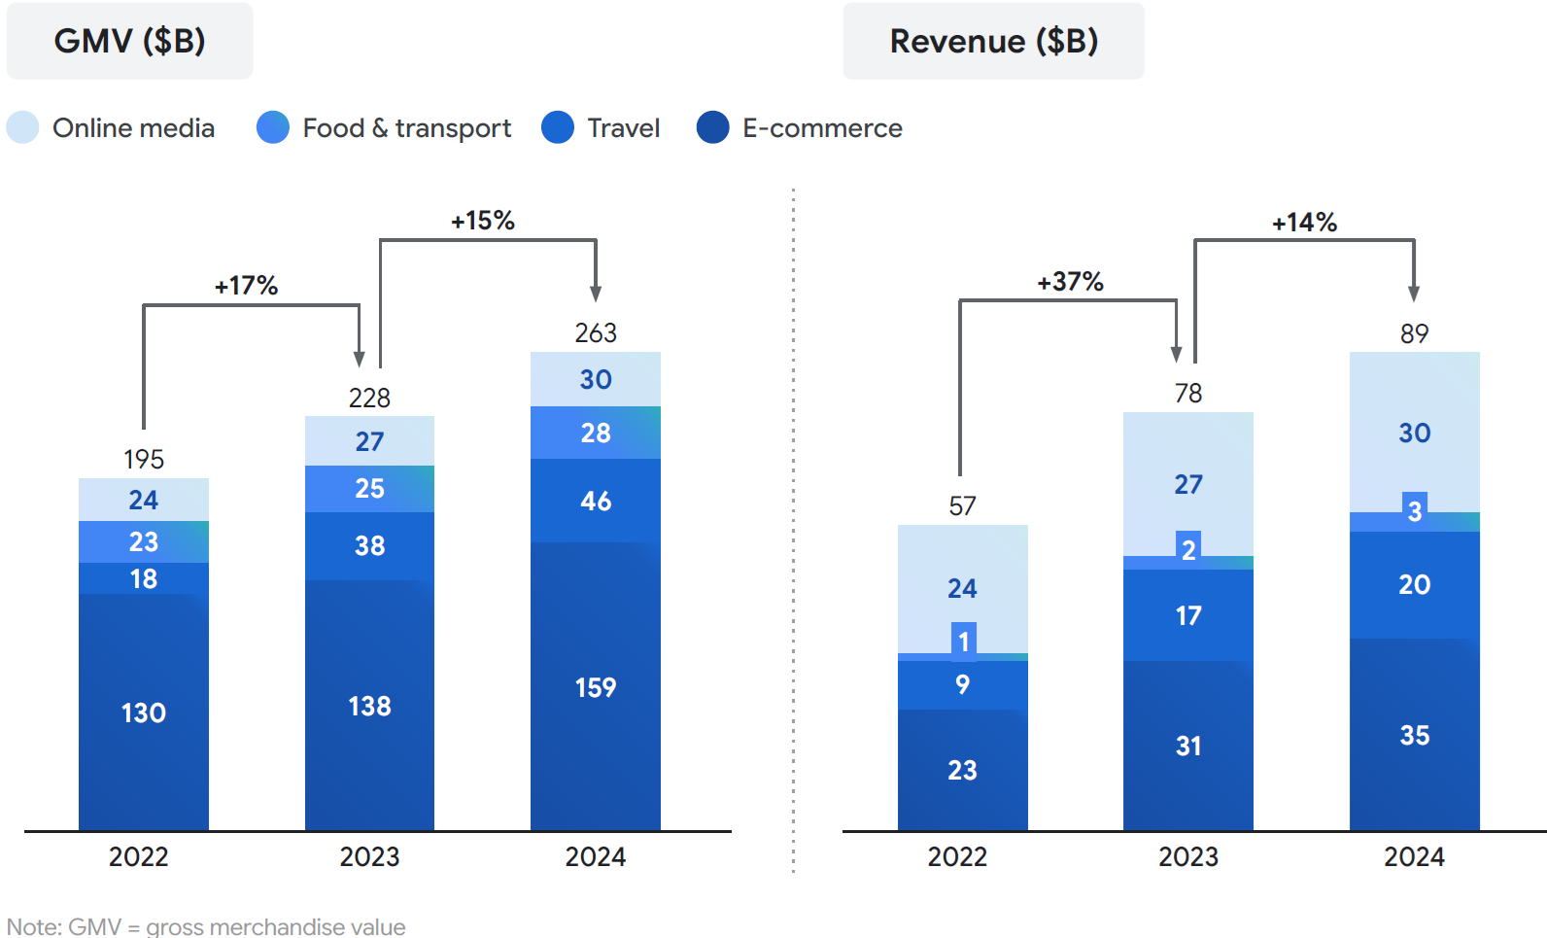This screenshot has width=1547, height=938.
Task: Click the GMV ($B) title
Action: (x=129, y=41)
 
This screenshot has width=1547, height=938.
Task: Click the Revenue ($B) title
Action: (x=993, y=41)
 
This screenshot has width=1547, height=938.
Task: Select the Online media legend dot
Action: (x=22, y=127)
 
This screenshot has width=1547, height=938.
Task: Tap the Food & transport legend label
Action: (x=406, y=128)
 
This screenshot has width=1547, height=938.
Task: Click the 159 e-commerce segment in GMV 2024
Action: (x=596, y=687)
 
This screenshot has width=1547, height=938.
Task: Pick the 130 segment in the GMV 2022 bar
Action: (x=144, y=712)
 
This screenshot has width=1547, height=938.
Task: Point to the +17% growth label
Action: (x=246, y=286)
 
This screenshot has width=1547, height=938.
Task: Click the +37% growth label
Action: (x=1070, y=282)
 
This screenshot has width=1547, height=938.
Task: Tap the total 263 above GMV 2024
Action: (x=596, y=333)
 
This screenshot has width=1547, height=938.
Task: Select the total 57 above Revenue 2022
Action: (x=962, y=506)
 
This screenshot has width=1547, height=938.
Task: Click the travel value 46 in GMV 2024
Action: (x=596, y=501)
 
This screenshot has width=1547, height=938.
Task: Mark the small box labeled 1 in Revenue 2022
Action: (x=964, y=642)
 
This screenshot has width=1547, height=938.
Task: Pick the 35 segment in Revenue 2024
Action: (x=1414, y=735)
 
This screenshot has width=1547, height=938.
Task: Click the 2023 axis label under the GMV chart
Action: (x=369, y=856)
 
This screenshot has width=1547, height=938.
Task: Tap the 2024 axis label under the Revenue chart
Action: (x=1414, y=856)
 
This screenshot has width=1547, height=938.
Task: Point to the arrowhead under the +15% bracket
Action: (x=596, y=294)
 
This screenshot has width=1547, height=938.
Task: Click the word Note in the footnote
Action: (x=32, y=926)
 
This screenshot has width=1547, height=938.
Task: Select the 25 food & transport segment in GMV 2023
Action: (x=369, y=488)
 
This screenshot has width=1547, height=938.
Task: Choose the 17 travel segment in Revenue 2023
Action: (x=1187, y=615)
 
